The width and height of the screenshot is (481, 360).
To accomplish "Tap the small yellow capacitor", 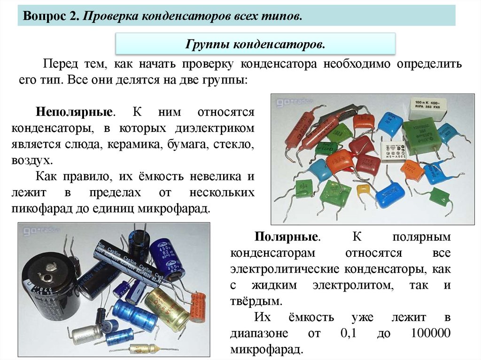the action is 364,190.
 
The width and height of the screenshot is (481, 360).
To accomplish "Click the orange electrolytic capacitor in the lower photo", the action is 198,307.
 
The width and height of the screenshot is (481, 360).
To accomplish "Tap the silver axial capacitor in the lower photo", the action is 87,334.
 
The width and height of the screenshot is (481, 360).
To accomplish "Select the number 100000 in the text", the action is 430,333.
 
